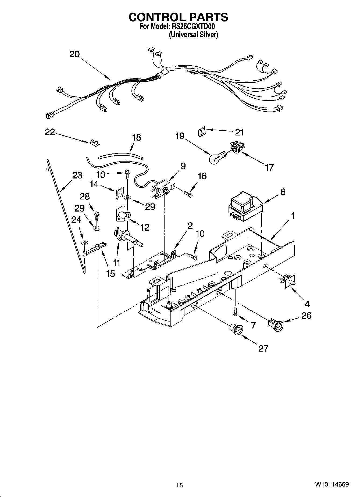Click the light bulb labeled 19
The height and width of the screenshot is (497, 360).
(217, 158)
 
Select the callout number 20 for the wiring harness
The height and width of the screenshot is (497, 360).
(74, 54)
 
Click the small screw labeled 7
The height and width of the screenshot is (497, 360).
(235, 312)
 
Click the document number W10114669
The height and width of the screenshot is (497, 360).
(332, 485)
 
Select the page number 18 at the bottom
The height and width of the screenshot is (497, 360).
(179, 485)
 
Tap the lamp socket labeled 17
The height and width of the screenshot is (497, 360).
(236, 148)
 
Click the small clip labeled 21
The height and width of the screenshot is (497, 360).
(201, 132)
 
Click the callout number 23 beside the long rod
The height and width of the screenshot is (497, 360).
(77, 176)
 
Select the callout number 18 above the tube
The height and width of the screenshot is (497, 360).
(137, 138)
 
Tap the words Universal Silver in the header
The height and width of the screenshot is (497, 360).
(193, 35)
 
